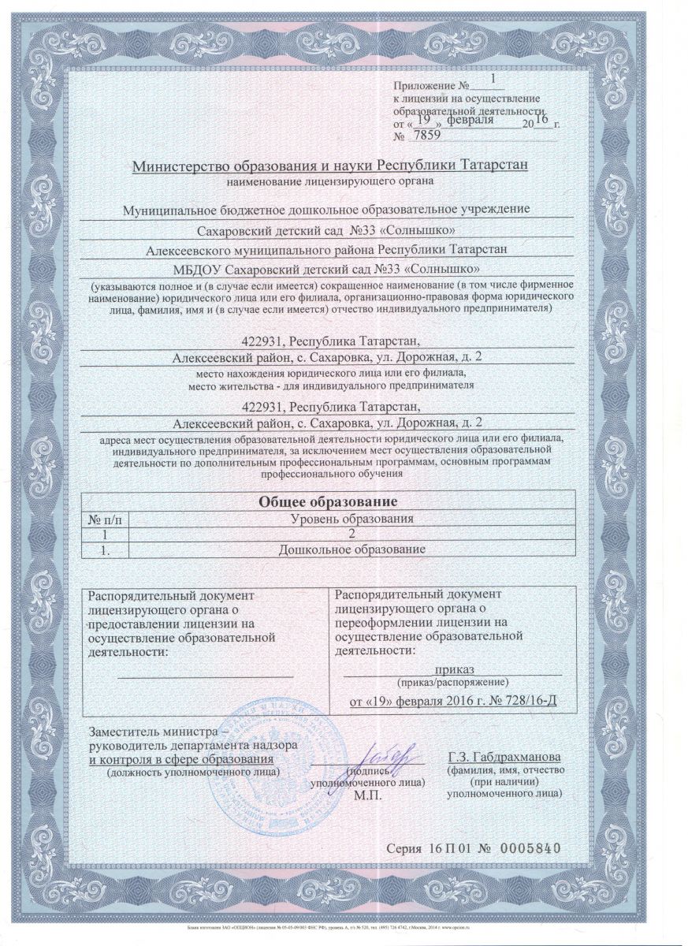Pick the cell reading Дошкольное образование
coord(352,548)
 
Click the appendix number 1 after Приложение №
coord(494,79)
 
